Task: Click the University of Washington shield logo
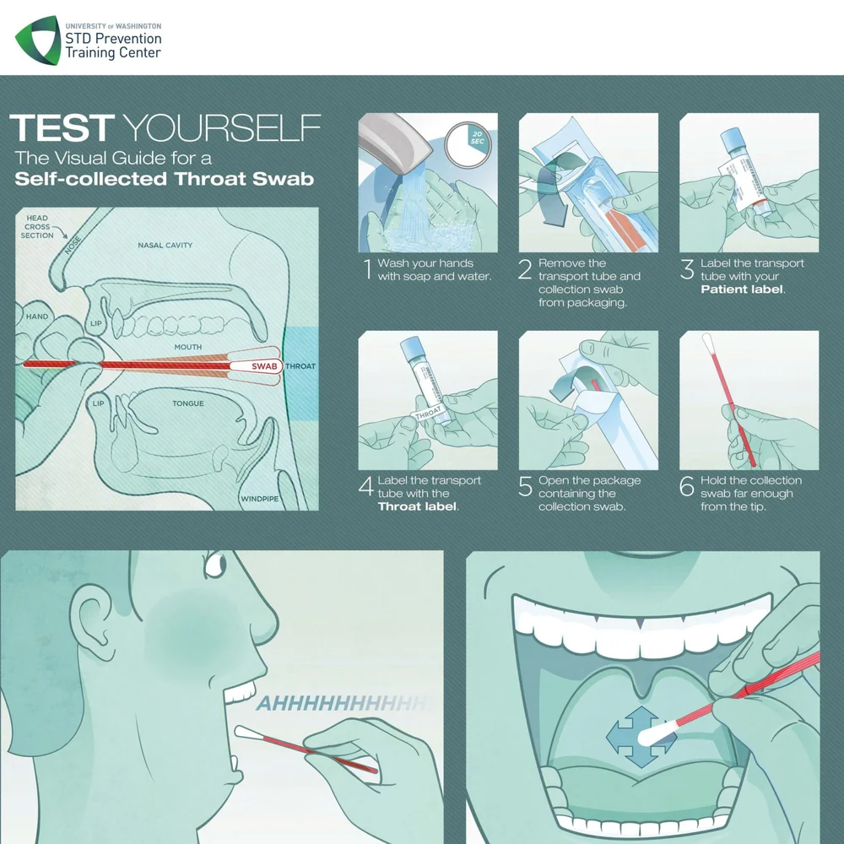37,41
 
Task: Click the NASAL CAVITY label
165,246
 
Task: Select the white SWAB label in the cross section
264,366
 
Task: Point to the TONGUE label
188,403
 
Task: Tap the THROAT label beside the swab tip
300,366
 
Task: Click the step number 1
367,269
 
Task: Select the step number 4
366,487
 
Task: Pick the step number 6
688,487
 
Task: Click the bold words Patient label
743,289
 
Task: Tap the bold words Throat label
418,506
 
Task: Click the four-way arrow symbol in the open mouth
641,737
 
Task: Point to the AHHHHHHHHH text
342,703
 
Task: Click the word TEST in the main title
61,129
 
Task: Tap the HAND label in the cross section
37,316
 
